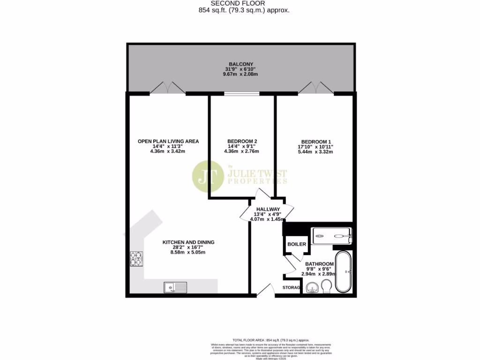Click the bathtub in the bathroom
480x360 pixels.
pos(346,272)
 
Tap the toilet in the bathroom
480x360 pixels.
pos(328,285)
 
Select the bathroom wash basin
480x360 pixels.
pos(311,287)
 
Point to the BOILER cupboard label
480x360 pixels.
pos(297,244)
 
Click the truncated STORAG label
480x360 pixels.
pos(291,287)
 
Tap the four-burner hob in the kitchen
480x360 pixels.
pos(137,257)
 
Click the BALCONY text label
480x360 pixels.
pos(241,64)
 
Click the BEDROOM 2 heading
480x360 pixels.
pos(242,142)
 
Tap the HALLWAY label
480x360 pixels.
pos(268,210)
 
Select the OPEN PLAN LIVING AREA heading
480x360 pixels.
pos(168,141)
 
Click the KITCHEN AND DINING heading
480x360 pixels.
pos(188,242)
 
